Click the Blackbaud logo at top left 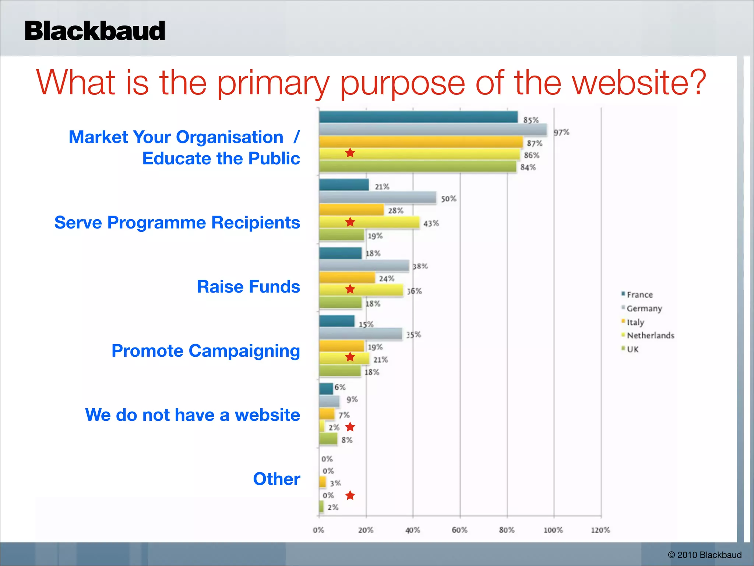[x=95, y=31]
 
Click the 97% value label [x=561, y=132]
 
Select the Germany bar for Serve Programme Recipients [x=377, y=198]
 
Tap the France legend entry [x=639, y=295]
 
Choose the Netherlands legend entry [x=650, y=335]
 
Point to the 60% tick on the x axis [x=459, y=530]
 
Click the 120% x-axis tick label [x=600, y=530]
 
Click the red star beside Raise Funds [x=350, y=289]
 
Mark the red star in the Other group [x=350, y=496]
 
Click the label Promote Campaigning [x=205, y=351]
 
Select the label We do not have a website [x=193, y=415]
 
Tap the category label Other [x=276, y=479]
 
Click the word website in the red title [x=639, y=83]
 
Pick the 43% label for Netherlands [x=431, y=223]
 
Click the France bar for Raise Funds [x=340, y=253]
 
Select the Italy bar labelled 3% [x=323, y=482]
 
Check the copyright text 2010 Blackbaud [x=704, y=555]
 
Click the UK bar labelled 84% [x=417, y=167]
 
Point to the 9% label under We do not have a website [x=352, y=399]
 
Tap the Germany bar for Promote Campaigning [x=360, y=334]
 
